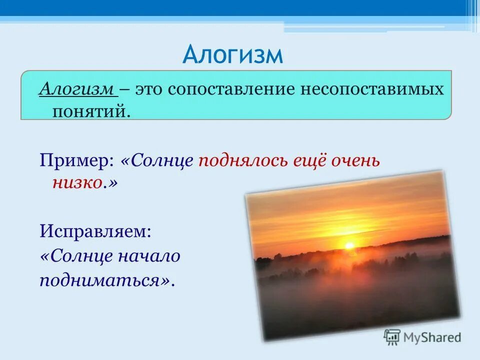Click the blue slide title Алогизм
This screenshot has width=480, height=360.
point(232,54)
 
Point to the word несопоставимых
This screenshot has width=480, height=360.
point(372,89)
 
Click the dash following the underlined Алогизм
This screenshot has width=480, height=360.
point(124,89)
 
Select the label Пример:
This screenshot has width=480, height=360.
point(76,161)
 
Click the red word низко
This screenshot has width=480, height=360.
point(77,183)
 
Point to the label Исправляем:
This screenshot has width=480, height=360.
point(95,231)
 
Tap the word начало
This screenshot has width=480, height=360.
point(149,256)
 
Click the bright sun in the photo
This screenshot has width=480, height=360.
point(349,245)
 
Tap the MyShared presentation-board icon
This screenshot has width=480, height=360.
point(392,337)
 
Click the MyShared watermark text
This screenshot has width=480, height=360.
point(432,337)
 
